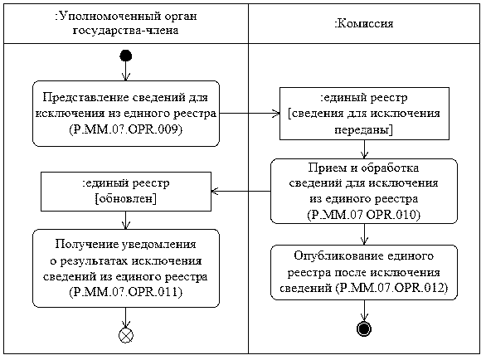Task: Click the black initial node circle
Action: pyautogui.click(x=126, y=56)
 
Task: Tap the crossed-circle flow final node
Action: pyautogui.click(x=126, y=335)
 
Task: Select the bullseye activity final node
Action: pyautogui.click(x=364, y=328)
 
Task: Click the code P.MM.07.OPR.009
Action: pyautogui.click(x=126, y=129)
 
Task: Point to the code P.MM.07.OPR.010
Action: pyautogui.click(x=364, y=215)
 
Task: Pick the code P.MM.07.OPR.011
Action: pyautogui.click(x=126, y=292)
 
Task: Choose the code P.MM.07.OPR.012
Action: pyautogui.click(x=391, y=288)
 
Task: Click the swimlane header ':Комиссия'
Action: pyautogui.click(x=364, y=23)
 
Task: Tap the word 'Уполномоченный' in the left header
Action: pyautogui.click(x=109, y=16)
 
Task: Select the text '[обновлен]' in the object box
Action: pyautogui.click(x=126, y=198)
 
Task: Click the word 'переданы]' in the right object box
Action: pyautogui.click(x=364, y=129)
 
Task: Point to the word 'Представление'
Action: pyautogui.click(x=86, y=97)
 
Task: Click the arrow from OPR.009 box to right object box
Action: pyautogui.click(x=250, y=113)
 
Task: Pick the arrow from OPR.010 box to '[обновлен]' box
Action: pyautogui.click(x=241, y=191)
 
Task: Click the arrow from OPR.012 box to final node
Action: pyautogui.click(x=364, y=311)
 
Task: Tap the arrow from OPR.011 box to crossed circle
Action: pyautogui.click(x=126, y=318)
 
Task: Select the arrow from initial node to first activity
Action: pyautogui.click(x=126, y=71)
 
